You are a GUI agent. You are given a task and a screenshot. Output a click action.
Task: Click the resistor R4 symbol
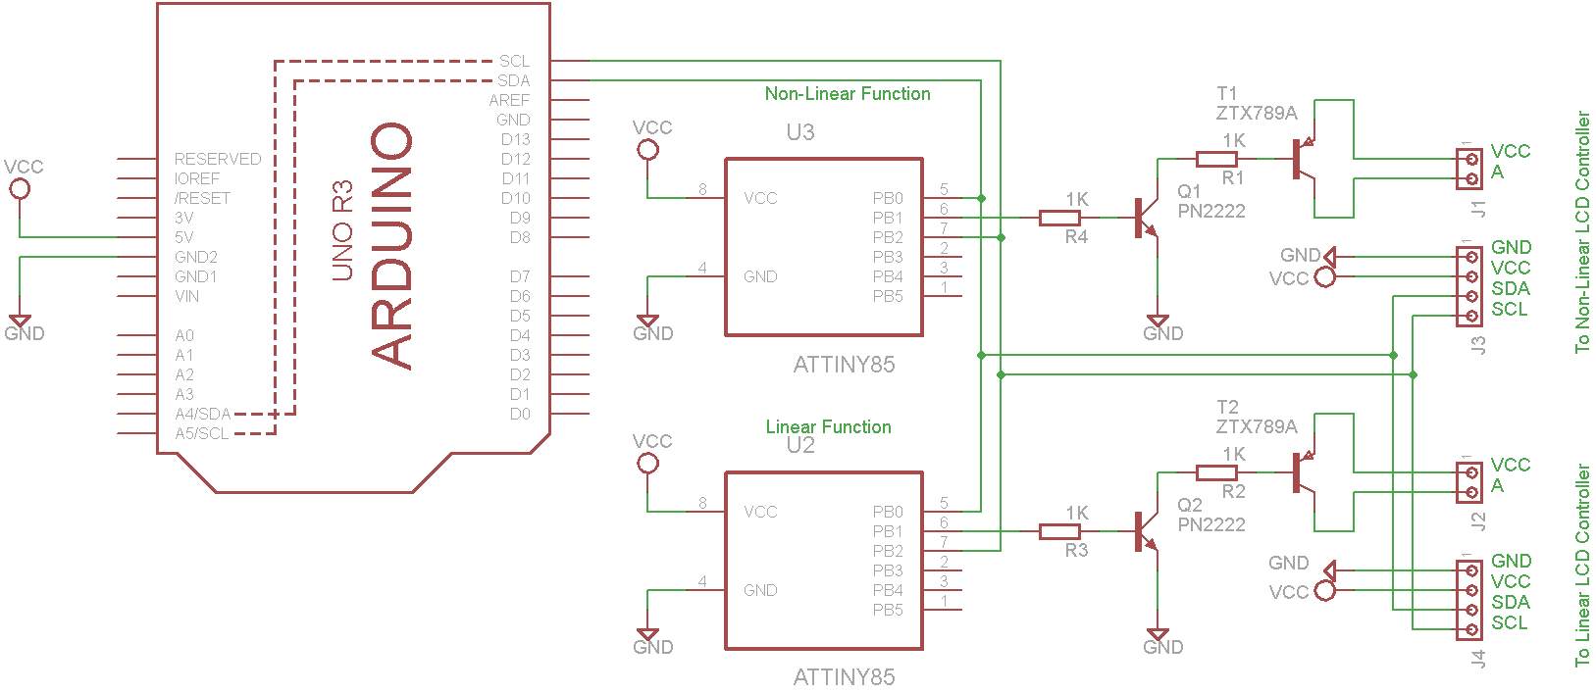coord(1058,218)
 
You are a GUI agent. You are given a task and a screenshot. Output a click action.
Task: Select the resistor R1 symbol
coord(1216,159)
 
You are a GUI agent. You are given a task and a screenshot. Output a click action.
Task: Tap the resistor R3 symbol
coord(1058,531)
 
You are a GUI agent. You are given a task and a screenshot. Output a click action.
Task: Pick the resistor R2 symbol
coord(1216,472)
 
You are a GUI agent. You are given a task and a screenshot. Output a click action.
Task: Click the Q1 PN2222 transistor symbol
coord(1145,218)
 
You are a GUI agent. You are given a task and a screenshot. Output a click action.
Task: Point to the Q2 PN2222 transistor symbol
coord(1145,531)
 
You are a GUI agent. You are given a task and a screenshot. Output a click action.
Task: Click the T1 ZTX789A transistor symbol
coord(1304,159)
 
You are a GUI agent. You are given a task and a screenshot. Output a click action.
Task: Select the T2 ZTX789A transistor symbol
coord(1304,472)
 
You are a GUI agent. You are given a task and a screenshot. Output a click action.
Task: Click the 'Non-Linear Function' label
coord(848,93)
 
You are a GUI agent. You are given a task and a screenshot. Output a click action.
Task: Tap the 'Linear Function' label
coord(828,426)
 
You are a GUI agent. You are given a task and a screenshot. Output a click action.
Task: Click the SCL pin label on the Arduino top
coord(514,61)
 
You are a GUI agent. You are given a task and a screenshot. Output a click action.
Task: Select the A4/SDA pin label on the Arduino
coord(203,414)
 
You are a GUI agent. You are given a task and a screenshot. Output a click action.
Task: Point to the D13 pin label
coord(515,139)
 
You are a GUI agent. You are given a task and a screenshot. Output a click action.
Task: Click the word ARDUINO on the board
coord(391,246)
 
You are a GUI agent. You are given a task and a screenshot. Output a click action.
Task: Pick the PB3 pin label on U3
coord(888,257)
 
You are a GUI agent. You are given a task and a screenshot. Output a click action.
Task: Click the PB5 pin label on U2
coord(888,610)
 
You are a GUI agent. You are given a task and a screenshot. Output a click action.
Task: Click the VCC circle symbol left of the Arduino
coord(20,189)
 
